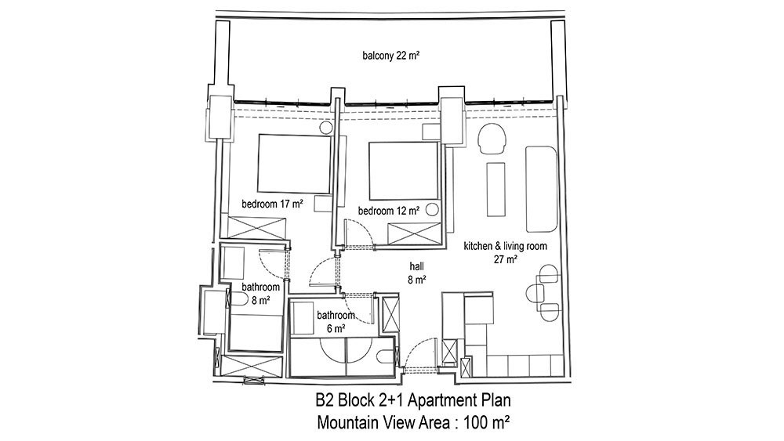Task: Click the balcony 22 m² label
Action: point(391,56)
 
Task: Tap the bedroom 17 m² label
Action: point(273,204)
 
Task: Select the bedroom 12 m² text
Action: point(389,211)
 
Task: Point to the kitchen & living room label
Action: point(505,246)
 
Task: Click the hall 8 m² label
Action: point(416,273)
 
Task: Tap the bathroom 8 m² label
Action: point(260,294)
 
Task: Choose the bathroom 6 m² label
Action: point(336,322)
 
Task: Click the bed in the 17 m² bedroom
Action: point(294,163)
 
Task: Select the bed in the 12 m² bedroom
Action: point(404,172)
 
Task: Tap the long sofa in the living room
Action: point(541,190)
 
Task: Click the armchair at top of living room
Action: point(492,139)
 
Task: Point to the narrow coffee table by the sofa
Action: point(496,190)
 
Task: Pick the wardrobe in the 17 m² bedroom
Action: point(256,228)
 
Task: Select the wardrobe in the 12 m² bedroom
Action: point(415,234)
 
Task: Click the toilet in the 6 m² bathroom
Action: point(386,356)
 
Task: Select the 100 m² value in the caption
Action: point(487,422)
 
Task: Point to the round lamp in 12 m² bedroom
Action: point(433,210)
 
